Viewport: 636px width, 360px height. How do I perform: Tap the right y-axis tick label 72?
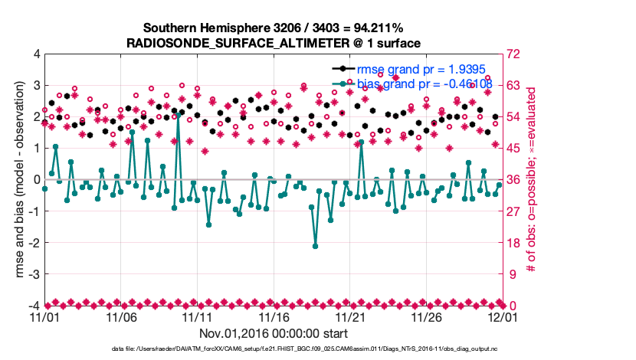click(x=512, y=54)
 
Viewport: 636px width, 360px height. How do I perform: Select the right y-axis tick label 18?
click(x=512, y=243)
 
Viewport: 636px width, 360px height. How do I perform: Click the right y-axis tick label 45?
click(x=512, y=149)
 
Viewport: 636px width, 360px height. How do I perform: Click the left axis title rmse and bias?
click(x=17, y=180)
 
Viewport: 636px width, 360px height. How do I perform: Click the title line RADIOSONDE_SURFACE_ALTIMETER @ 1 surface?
click(x=274, y=43)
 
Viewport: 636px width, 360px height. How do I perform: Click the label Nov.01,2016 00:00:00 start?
click(x=274, y=334)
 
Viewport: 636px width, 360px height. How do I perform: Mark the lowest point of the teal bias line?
click(x=315, y=246)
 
